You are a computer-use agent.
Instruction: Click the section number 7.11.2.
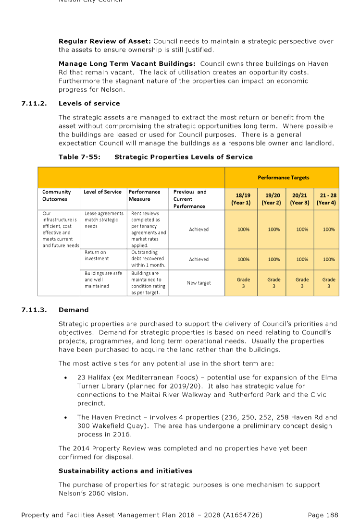click(x=34, y=103)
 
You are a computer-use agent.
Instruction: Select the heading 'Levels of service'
click(x=89, y=103)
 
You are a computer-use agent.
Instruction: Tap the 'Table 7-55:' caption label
click(x=79, y=157)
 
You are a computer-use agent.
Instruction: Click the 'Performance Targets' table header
click(x=283, y=177)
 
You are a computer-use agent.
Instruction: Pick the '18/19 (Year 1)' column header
click(x=243, y=199)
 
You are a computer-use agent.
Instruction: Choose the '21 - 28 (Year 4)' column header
click(x=328, y=199)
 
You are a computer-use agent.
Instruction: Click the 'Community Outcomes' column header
click(x=56, y=195)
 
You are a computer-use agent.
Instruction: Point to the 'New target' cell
click(x=199, y=283)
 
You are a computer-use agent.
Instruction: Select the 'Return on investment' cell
click(x=96, y=255)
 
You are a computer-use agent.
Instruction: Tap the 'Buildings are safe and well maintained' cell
click(x=103, y=279)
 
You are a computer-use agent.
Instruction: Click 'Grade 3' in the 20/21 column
click(x=302, y=283)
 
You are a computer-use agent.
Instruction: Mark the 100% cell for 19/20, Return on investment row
click(x=273, y=259)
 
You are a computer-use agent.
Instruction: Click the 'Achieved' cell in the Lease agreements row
click(x=199, y=230)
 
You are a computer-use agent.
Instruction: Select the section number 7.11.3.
click(x=34, y=310)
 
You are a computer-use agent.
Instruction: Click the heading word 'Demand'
click(x=74, y=310)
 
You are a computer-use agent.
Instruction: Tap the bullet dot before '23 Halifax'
click(x=66, y=378)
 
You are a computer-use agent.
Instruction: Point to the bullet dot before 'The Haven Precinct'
click(x=66, y=417)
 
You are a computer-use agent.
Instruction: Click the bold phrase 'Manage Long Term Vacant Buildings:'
click(x=127, y=63)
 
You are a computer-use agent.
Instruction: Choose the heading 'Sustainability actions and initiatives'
click(x=125, y=471)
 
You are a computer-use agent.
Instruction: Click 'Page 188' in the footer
click(x=323, y=515)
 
